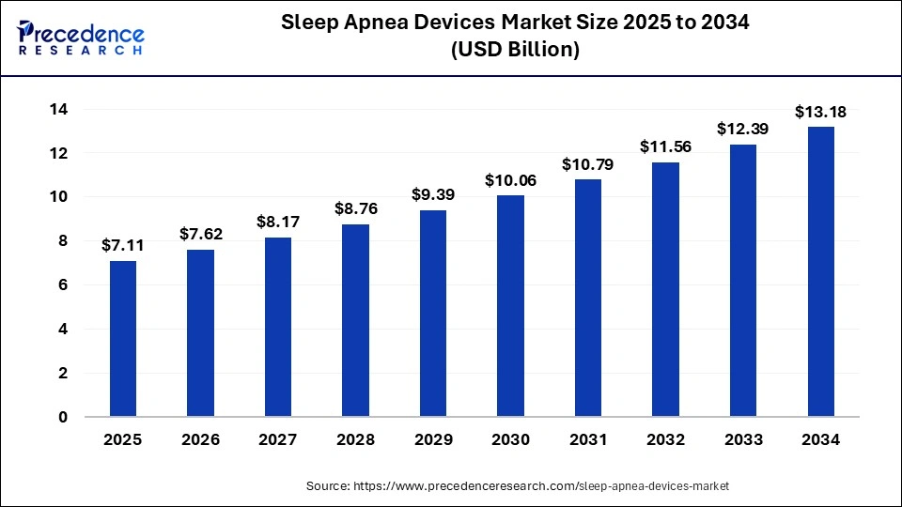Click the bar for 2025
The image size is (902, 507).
tap(123, 338)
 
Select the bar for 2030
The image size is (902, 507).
tap(511, 305)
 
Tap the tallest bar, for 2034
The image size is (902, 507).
tap(821, 271)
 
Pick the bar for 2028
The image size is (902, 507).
tap(356, 320)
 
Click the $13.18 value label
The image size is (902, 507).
tap(821, 112)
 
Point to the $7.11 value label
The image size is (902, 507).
tap(123, 246)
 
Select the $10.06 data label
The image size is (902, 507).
tap(511, 180)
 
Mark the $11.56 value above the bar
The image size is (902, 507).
tap(666, 147)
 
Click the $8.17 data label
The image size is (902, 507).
tap(278, 223)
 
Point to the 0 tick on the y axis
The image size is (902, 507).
tap(63, 417)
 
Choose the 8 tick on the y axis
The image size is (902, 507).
tap(63, 241)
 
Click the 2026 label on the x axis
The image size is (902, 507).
tap(201, 439)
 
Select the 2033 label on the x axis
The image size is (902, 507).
tap(743, 439)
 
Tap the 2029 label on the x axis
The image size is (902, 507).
tap(433, 439)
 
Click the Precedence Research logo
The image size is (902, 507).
tap(81, 38)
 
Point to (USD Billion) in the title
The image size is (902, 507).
tap(515, 50)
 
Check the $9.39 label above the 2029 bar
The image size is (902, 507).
tap(433, 194)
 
